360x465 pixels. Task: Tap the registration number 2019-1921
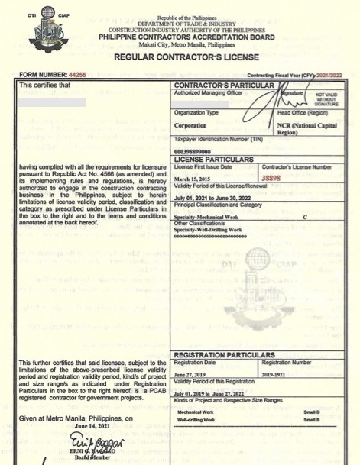click(x=277, y=375)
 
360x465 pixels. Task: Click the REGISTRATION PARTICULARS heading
click(x=224, y=356)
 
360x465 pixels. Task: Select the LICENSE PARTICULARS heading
click(x=213, y=159)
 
